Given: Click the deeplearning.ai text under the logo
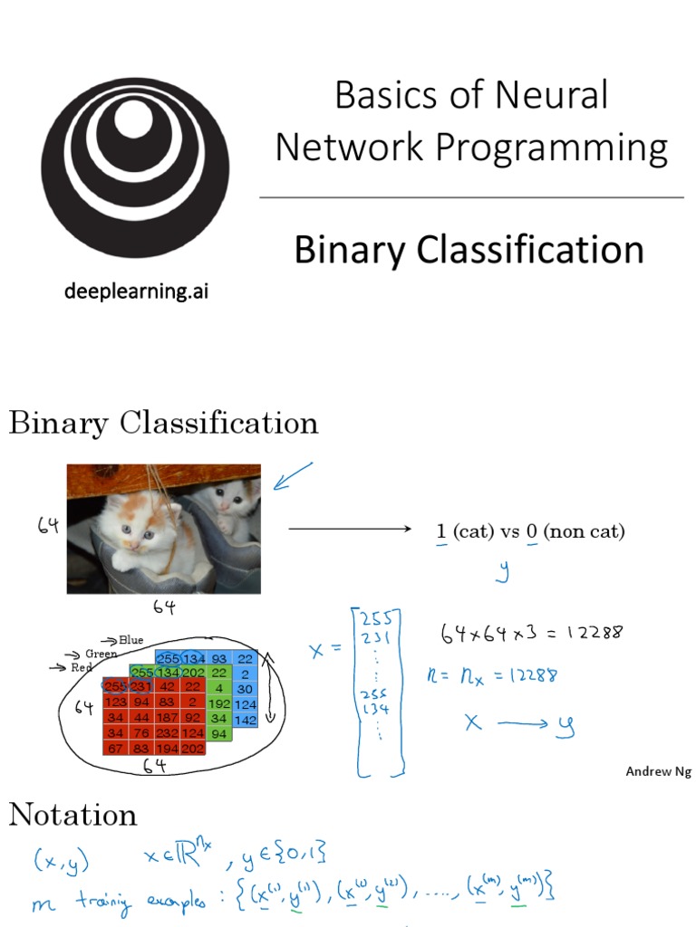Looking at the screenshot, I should [x=135, y=291].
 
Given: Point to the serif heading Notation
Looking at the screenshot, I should [x=72, y=815].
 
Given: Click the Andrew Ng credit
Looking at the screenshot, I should [x=658, y=771].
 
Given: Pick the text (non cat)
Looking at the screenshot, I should [x=584, y=531].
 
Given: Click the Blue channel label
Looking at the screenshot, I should [x=130, y=640].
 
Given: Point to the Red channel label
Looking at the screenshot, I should [x=82, y=667].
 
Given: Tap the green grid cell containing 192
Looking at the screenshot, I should [x=217, y=702].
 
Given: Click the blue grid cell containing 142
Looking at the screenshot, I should [x=245, y=720].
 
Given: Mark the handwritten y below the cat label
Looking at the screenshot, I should [x=503, y=569].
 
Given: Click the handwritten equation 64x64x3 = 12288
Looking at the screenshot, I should [x=531, y=634].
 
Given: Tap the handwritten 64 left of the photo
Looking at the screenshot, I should [x=49, y=525].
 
